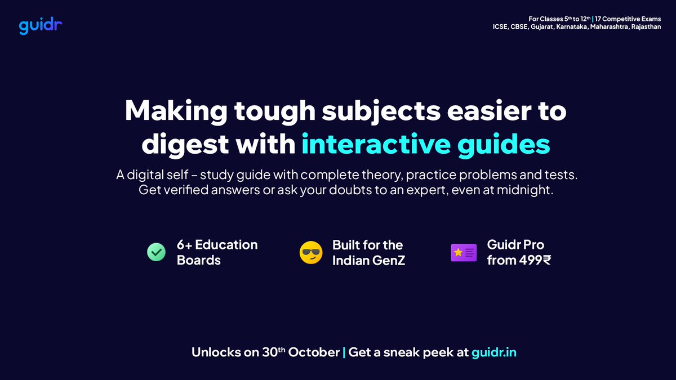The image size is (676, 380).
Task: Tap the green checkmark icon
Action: click(155, 252)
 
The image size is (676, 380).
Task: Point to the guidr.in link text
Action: click(494, 353)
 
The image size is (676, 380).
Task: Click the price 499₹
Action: click(530, 260)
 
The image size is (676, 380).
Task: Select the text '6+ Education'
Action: click(217, 245)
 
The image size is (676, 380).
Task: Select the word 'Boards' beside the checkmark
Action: click(198, 260)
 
